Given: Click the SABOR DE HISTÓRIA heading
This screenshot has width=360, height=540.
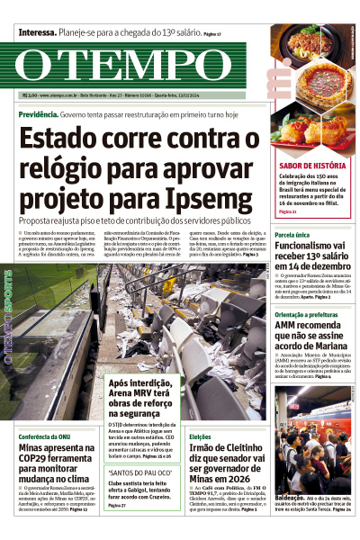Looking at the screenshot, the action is pyautogui.click(x=312, y=166).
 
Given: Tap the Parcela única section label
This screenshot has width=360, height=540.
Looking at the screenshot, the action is pyautogui.click(x=292, y=234).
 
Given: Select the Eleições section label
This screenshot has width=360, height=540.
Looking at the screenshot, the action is pyautogui.click(x=202, y=436).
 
